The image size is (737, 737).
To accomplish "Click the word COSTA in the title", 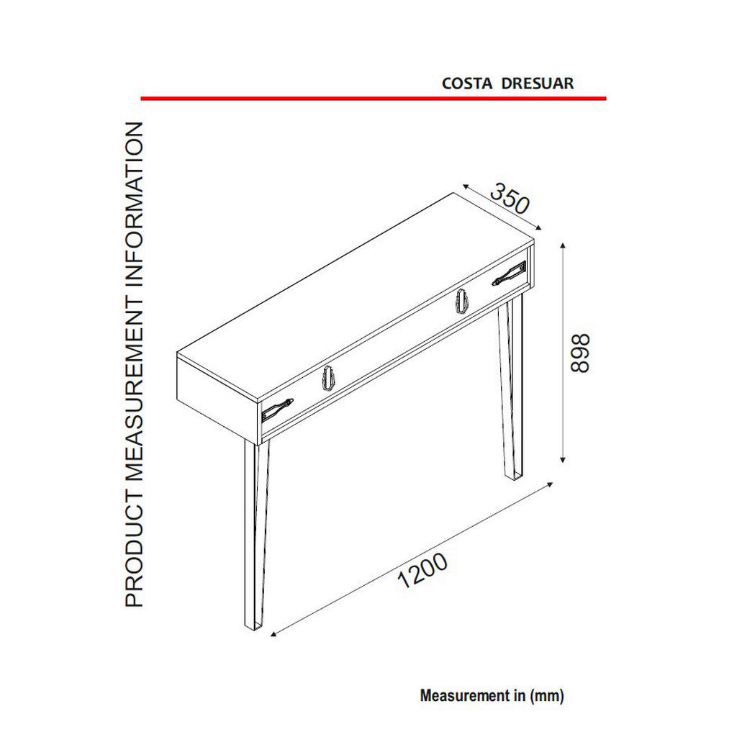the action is (466, 83).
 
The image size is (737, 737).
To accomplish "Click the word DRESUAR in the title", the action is (537, 83).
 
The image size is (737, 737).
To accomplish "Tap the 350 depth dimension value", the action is (510, 199).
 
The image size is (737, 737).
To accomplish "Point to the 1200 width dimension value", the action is (422, 571).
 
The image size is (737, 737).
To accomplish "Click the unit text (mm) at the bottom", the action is (547, 696).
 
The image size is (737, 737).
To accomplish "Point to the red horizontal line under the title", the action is (374, 99).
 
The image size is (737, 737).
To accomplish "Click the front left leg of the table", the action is (256, 535).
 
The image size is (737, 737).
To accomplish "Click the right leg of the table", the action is (511, 386).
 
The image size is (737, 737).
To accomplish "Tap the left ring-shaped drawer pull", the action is (328, 377).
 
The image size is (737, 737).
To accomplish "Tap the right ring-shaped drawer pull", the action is (462, 301).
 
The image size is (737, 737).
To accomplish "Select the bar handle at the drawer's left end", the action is (277, 409).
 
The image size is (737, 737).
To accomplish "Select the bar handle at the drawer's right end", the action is (509, 273).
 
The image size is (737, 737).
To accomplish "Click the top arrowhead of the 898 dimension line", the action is (563, 245).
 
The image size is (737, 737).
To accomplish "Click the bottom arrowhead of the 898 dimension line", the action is (563, 460).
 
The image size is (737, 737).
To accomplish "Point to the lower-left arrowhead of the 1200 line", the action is (273, 634).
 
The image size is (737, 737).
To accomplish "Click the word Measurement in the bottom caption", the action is (472, 696).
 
